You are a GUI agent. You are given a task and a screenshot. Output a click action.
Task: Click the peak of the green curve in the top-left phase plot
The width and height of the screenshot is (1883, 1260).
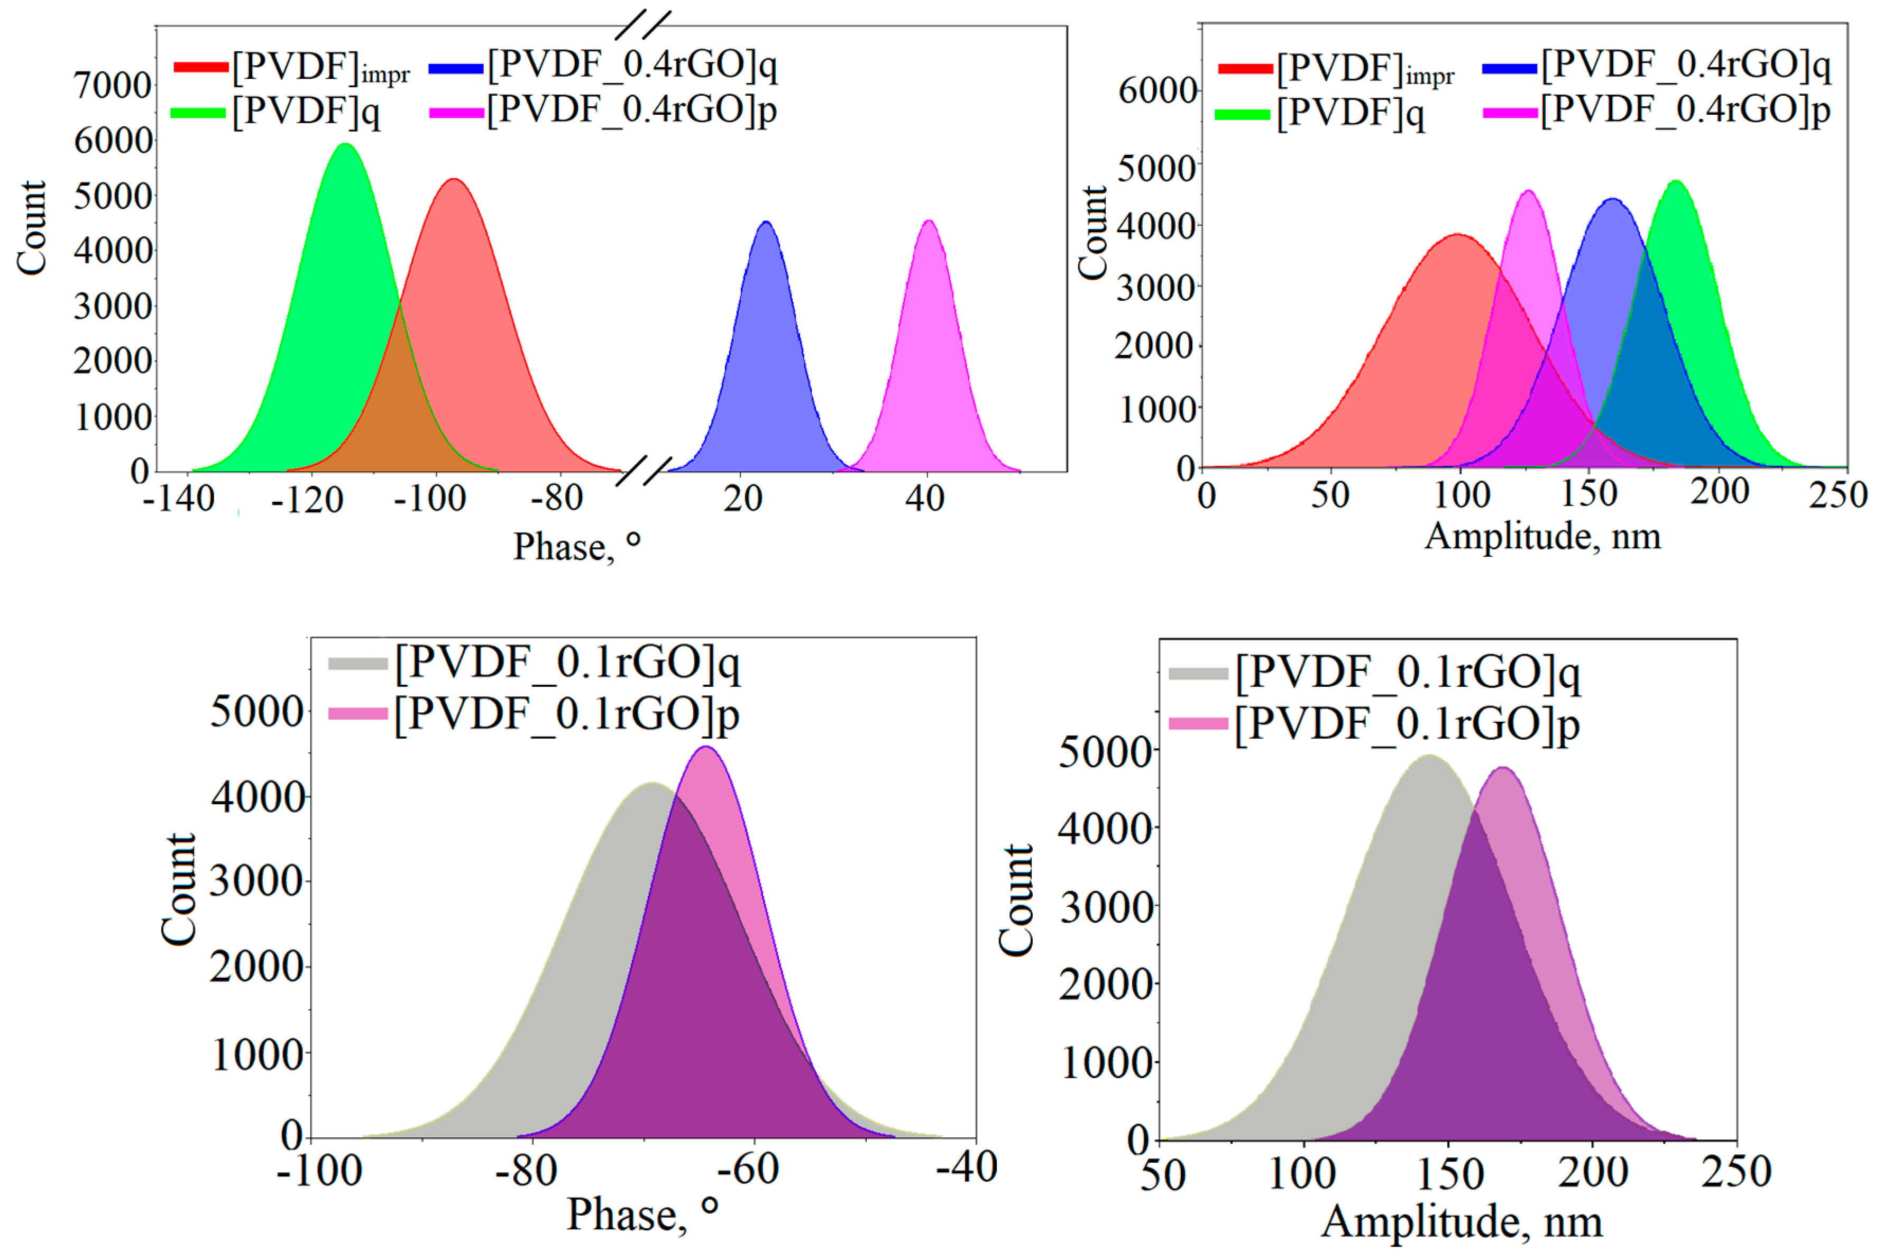pyautogui.click(x=346, y=145)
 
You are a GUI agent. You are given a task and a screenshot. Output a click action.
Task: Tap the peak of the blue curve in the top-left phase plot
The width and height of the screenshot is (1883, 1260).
pyautogui.click(x=767, y=223)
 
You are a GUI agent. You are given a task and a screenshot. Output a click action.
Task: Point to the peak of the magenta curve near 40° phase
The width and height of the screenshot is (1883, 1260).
pyautogui.click(x=929, y=221)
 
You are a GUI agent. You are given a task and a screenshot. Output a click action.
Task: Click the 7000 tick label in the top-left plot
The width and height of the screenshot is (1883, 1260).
pyautogui.click(x=113, y=85)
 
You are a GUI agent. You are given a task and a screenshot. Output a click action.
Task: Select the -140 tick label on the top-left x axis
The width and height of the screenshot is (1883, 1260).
pyautogui.click(x=178, y=499)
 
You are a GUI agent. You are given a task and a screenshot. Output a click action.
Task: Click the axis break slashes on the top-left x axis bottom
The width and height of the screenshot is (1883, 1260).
pyautogui.click(x=644, y=471)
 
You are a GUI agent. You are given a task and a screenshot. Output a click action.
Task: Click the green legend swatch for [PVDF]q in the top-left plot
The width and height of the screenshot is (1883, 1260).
pyautogui.click(x=198, y=113)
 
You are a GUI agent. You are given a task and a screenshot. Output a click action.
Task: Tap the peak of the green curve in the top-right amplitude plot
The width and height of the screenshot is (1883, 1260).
pyautogui.click(x=1676, y=182)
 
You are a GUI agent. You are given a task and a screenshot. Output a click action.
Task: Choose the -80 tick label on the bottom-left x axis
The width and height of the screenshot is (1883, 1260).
pyautogui.click(x=526, y=1170)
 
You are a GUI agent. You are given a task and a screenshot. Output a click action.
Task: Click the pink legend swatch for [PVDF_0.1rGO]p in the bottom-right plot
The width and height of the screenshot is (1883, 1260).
pyautogui.click(x=1198, y=723)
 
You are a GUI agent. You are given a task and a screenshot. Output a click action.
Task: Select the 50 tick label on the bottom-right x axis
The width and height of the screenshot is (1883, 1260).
pyautogui.click(x=1163, y=1175)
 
